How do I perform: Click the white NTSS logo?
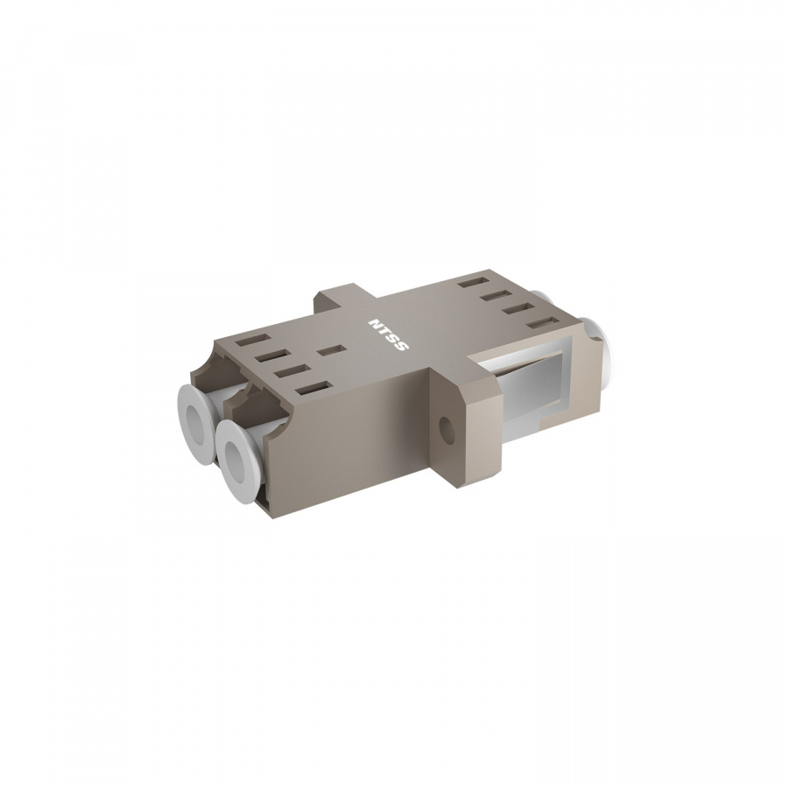[389, 334]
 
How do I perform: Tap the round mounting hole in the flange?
[447, 430]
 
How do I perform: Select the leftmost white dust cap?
[199, 416]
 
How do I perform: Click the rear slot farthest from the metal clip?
[474, 283]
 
